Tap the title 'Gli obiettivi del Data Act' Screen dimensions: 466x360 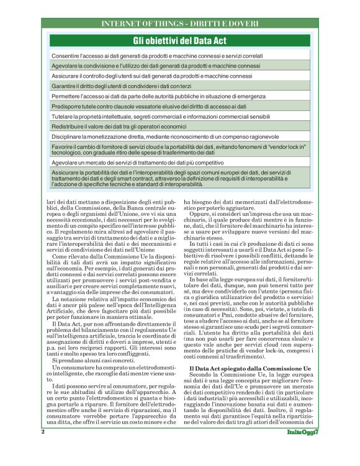tap(179, 41)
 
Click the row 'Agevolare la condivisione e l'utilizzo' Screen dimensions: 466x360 tap(179, 66)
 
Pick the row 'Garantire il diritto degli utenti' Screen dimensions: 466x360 tap(179, 86)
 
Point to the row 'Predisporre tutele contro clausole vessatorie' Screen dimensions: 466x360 tap(179, 106)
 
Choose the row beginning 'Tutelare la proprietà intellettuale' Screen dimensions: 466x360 tap(179, 116)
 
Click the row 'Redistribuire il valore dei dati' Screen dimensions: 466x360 tap(179, 125)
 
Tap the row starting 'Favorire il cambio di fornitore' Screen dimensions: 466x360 tap(179, 149)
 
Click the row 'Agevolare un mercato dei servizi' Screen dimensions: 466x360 tap(179, 162)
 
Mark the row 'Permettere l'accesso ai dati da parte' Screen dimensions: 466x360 tap(179, 96)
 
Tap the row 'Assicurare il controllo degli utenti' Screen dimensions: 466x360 tap(179, 76)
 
